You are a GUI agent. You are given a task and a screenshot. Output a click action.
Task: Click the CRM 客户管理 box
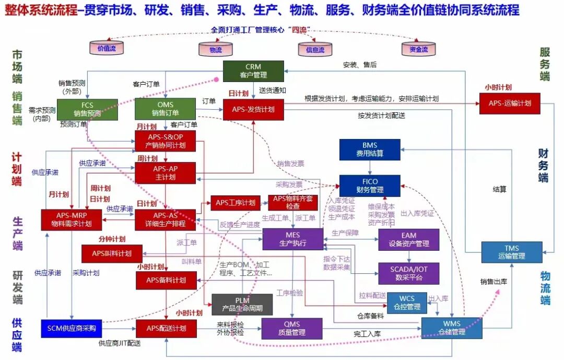point(253,71)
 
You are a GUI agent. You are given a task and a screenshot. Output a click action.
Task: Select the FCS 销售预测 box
point(87,109)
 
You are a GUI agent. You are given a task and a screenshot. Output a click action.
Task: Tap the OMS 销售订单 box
point(166,109)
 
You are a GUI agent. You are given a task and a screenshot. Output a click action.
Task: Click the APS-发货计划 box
point(253,109)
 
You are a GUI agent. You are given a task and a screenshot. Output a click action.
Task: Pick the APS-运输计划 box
point(510,103)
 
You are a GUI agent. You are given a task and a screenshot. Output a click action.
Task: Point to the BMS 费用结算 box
point(370,149)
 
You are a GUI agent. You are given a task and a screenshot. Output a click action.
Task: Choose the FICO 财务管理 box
point(370,186)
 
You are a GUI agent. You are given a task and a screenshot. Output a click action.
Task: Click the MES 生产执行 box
point(293,239)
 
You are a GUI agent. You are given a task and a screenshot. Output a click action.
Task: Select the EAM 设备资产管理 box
point(409,239)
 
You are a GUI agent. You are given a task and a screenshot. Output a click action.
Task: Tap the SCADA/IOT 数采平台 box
point(409,273)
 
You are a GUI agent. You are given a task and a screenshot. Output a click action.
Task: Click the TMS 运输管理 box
point(511,252)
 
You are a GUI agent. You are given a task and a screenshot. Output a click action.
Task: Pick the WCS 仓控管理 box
point(407,303)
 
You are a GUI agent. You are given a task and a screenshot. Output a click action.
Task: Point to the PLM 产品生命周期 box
point(242,305)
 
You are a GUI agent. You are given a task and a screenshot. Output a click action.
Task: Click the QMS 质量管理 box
point(292,328)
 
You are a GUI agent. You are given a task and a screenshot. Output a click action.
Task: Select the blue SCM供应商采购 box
point(72,328)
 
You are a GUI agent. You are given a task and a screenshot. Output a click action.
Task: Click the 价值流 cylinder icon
point(107,48)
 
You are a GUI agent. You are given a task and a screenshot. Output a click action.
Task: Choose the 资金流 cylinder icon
point(418,49)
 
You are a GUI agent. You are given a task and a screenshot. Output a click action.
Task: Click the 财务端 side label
point(544,165)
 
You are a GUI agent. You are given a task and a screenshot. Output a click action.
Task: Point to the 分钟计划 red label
point(111,239)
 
